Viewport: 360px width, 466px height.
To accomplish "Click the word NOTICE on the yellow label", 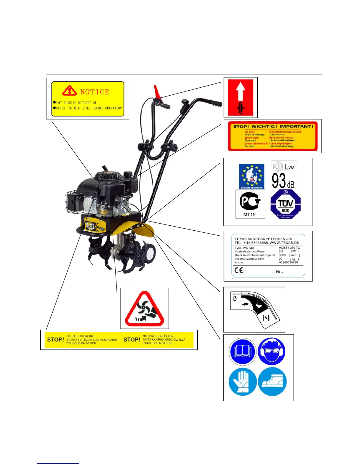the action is pos(95,92).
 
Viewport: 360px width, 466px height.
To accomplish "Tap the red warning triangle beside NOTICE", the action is pos(69,91).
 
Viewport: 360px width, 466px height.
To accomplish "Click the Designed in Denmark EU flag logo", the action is pos(251,176).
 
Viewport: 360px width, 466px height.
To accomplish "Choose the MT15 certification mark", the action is pos(250,204).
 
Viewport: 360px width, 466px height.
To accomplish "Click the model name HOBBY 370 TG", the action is pos(289,248).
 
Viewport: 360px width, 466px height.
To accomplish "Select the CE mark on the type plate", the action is pos(239,270).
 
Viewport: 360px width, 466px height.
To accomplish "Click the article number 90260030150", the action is pos(288,262).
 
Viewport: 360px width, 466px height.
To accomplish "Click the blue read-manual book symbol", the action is pos(242,352).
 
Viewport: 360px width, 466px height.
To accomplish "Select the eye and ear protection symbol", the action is pos(272,351).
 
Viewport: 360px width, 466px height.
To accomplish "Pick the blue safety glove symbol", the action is pos(242,382).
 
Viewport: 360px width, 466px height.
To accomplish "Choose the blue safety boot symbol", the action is pos(272,382).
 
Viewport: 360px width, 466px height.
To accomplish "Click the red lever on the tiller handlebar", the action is pos(157,92).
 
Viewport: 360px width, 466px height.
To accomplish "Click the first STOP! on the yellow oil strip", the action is pos(56,339).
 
